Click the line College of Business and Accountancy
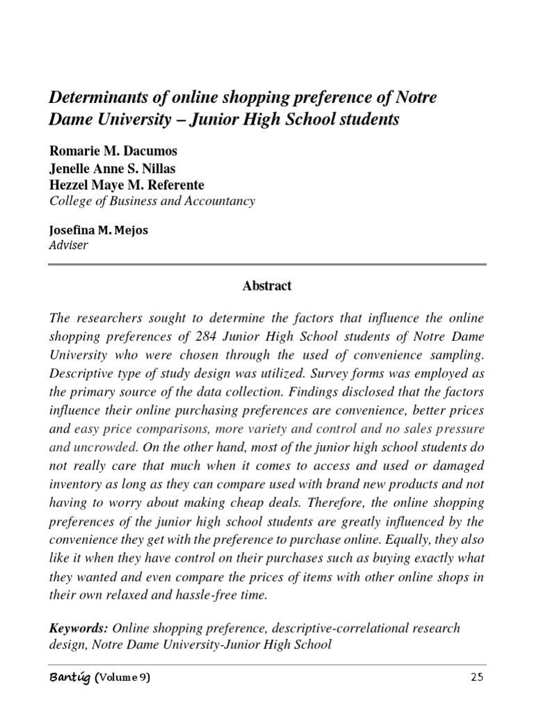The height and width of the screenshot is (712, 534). click(152, 201)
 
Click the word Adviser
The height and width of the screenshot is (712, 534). click(68, 245)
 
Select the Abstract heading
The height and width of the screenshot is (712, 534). click(267, 286)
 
